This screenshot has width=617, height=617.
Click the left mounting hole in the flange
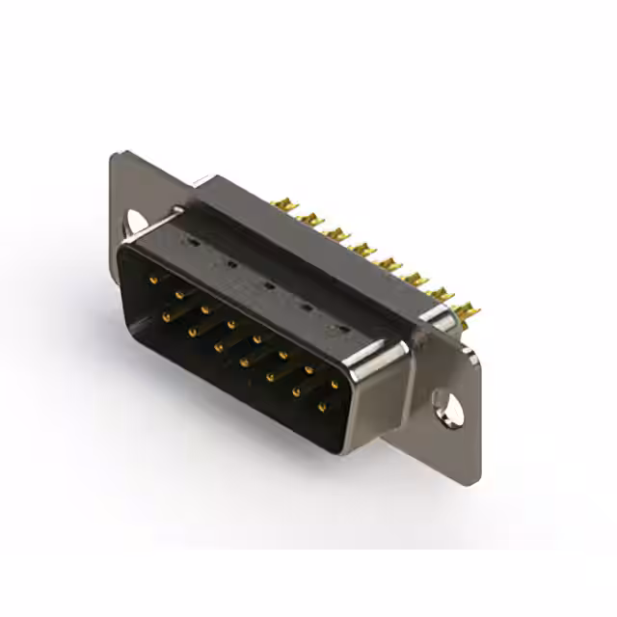[131, 224]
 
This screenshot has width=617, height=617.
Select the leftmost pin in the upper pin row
[153, 280]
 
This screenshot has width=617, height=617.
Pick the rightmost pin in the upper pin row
[335, 385]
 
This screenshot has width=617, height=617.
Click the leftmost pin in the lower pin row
[167, 314]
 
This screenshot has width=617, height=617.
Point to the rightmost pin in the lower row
[322, 407]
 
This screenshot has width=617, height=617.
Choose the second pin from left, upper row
[179, 294]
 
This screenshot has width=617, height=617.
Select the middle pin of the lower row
[245, 362]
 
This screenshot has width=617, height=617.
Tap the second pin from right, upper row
[308, 369]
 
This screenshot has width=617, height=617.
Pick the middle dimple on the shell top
[267, 286]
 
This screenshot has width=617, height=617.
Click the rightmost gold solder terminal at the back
[469, 310]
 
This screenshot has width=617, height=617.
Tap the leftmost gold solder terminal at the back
[282, 205]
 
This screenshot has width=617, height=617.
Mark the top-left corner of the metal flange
[115, 154]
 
